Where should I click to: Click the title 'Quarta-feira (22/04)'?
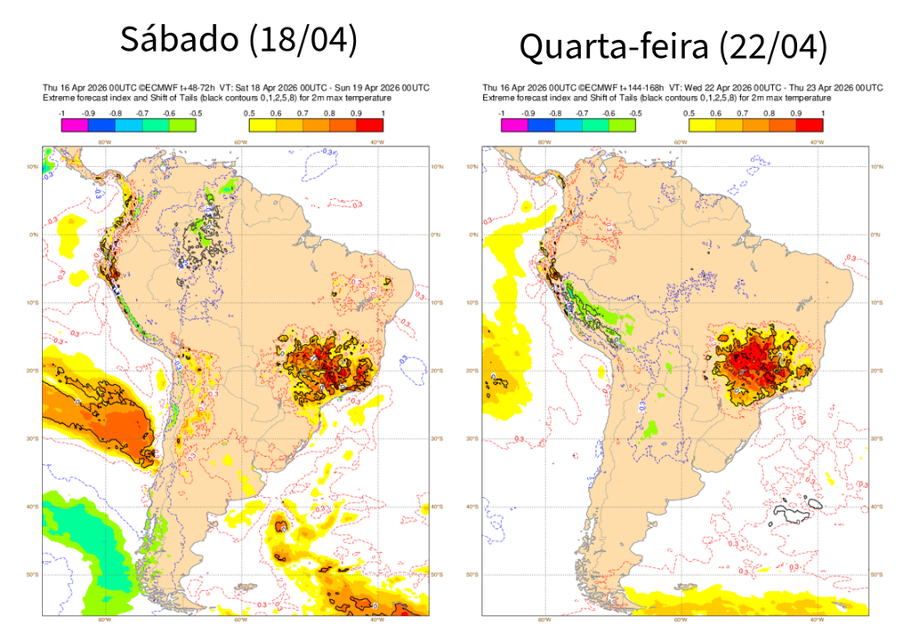673,46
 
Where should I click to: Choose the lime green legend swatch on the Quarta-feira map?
623,125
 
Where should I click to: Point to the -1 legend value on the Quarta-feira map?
501,114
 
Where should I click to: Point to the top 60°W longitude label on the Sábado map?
239,141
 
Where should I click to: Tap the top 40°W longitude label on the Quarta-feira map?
815,141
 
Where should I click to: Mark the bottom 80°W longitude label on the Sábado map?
103,621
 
